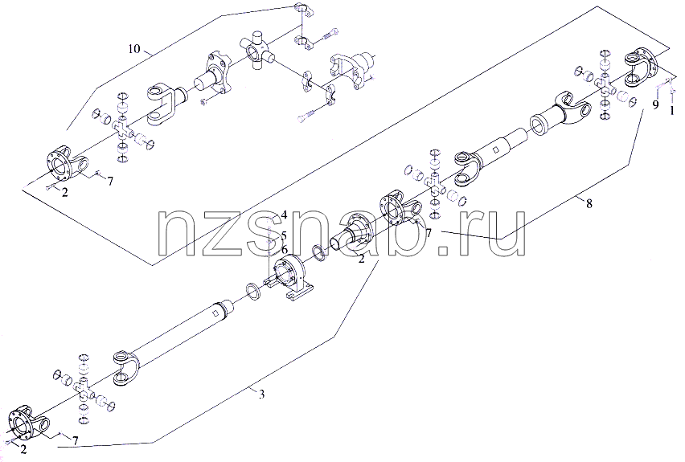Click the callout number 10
134,48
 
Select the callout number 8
589,203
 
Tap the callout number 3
261,395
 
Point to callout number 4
284,215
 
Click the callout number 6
284,250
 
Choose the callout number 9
655,104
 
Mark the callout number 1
673,111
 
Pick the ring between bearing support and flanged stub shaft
319,253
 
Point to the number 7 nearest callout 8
429,234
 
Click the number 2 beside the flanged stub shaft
361,259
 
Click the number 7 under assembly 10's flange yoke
110,181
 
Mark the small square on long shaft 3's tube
215,313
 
